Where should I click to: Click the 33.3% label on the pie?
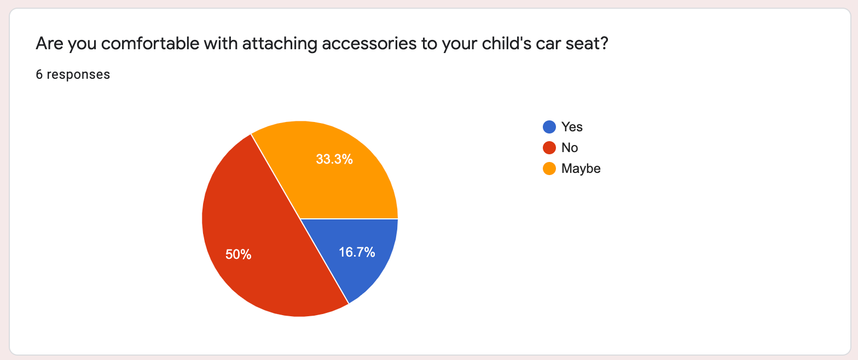(x=334, y=159)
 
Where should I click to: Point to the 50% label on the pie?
(x=238, y=254)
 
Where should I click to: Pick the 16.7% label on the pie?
(x=357, y=252)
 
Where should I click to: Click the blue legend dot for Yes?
(x=549, y=127)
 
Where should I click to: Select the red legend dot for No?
(x=549, y=148)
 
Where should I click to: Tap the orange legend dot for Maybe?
(x=549, y=169)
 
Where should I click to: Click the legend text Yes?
(x=572, y=127)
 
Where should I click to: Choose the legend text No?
(x=570, y=148)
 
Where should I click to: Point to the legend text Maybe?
(x=581, y=169)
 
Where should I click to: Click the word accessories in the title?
(x=369, y=44)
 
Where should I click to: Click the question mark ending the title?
(x=605, y=43)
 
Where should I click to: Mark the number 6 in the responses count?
(x=39, y=74)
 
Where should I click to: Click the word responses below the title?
(x=78, y=74)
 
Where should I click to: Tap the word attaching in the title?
(x=280, y=44)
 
